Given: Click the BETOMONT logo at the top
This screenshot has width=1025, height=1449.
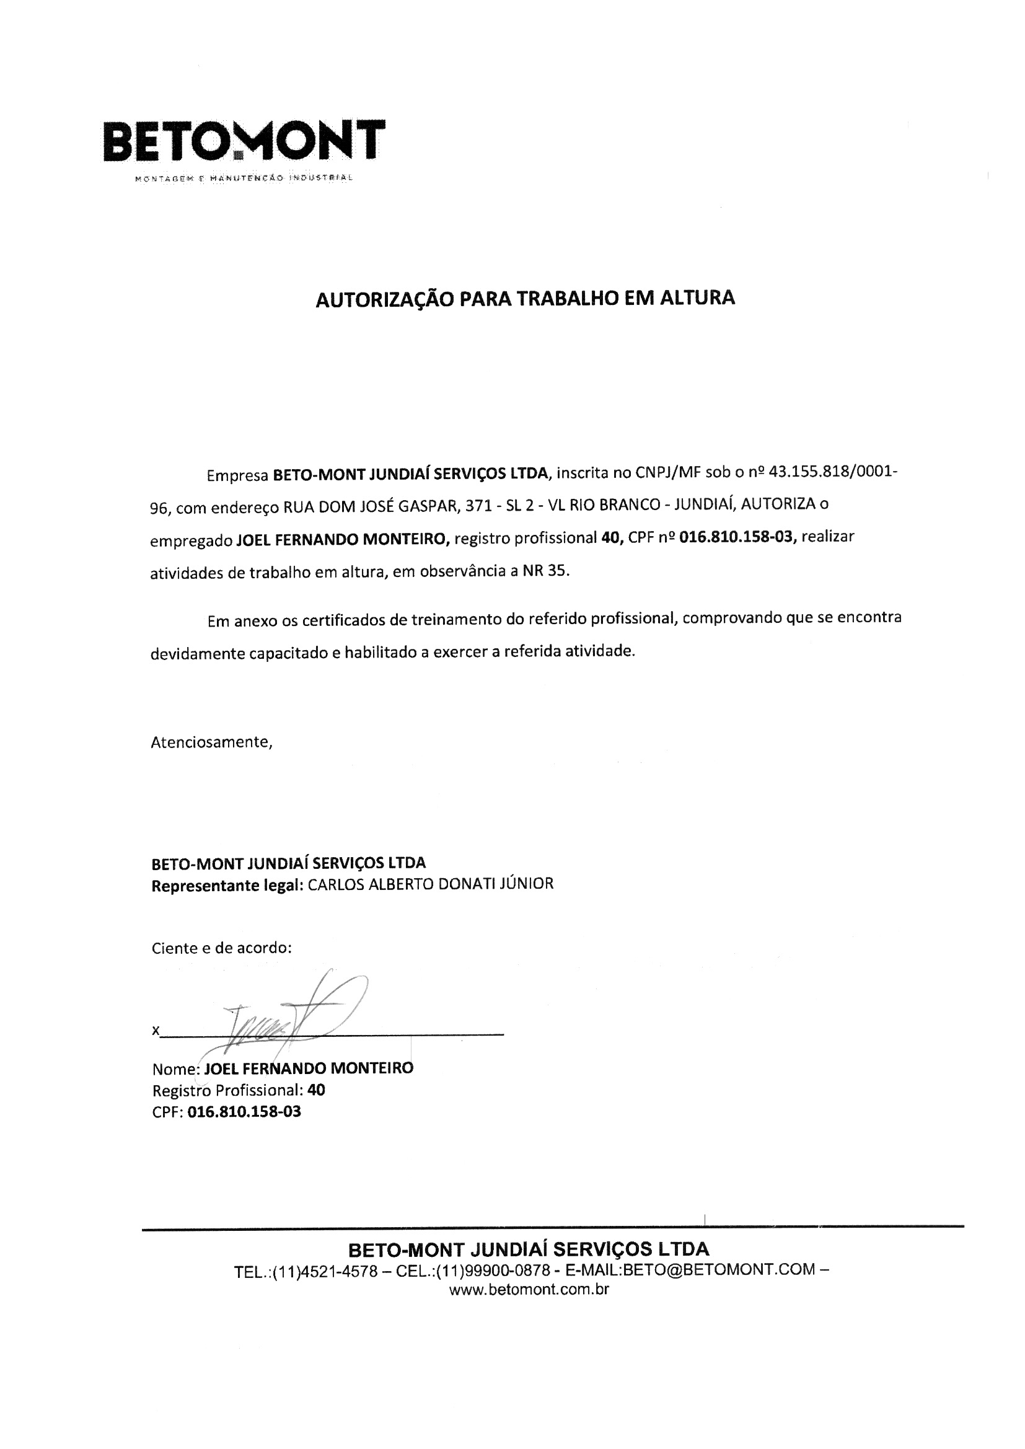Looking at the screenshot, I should (244, 140).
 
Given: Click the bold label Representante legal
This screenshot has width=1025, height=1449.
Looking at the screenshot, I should (227, 886).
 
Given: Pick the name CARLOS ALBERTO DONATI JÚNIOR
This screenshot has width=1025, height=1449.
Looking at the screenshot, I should (431, 884).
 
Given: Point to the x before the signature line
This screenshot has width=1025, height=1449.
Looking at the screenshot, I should (156, 1031).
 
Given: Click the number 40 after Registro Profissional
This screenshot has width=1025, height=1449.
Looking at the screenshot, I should (316, 1091).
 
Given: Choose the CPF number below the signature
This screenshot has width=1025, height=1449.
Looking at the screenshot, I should (244, 1112).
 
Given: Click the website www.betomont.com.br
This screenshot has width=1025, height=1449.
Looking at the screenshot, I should (529, 1290).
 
